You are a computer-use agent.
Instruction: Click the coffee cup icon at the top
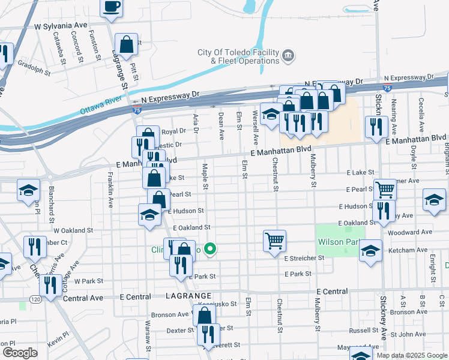112,7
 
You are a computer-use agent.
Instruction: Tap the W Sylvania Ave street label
61,26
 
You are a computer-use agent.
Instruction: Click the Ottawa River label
101,110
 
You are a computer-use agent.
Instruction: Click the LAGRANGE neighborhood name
188,296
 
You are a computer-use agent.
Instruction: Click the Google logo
19,353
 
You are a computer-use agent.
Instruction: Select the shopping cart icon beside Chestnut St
274,241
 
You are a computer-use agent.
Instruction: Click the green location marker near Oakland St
210,248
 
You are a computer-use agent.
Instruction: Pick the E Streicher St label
304,258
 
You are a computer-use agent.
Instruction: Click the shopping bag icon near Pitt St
127,44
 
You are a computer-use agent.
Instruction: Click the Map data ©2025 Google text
412,355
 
